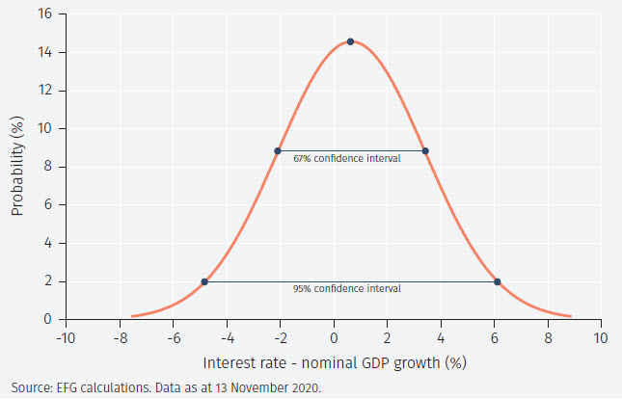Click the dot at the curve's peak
pos(350,41)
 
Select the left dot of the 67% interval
pos(278,150)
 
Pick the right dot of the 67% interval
pos(424,150)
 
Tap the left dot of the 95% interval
pos(204,281)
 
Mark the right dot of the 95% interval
pos(498,281)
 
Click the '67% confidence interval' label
pos(347,158)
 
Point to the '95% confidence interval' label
pos(347,288)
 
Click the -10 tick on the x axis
pos(65,338)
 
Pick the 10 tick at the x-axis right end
pos(600,338)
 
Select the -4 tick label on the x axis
pos(226,338)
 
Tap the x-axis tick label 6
pos(495,338)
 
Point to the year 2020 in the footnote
pos(308,387)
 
